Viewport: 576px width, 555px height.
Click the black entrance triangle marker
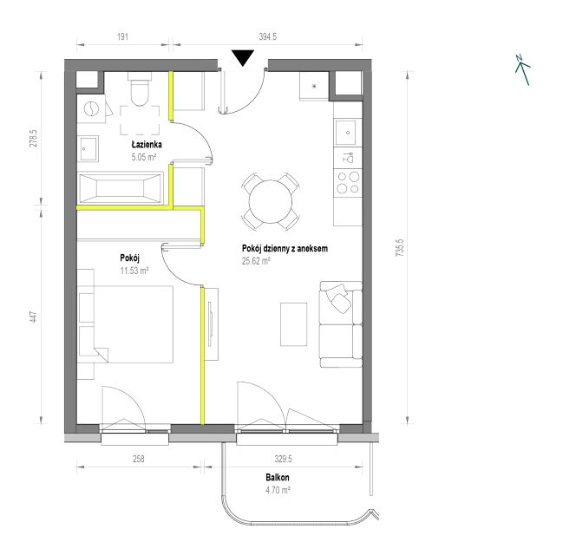[243, 58]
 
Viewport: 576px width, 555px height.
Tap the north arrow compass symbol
[522, 69]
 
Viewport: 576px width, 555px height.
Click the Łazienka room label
[147, 144]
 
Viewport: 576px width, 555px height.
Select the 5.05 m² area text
[144, 157]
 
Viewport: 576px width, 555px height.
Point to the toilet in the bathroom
[140, 88]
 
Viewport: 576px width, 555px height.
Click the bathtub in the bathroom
[120, 188]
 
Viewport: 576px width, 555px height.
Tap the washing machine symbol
[91, 109]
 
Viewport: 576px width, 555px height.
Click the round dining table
[271, 201]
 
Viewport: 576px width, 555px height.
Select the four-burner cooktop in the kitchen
[348, 183]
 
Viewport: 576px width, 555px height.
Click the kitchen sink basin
[345, 132]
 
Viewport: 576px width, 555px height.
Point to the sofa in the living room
[341, 324]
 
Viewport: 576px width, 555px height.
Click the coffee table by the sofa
[293, 324]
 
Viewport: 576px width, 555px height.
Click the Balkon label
[278, 478]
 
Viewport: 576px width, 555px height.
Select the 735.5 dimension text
[400, 247]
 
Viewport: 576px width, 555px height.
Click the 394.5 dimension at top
[268, 36]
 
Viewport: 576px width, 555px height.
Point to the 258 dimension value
[139, 459]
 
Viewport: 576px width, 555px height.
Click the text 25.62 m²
[256, 261]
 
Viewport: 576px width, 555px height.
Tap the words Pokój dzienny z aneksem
[285, 249]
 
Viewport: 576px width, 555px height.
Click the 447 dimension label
[34, 317]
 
